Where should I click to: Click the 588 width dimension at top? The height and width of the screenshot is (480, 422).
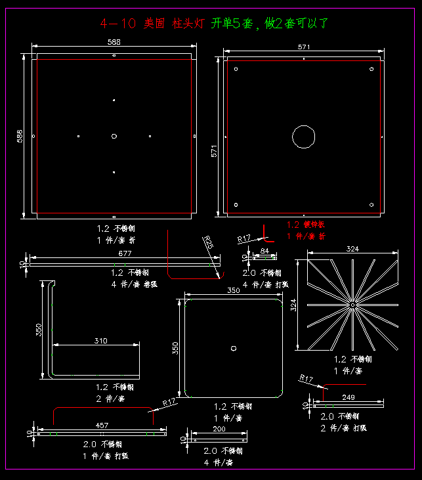coord(114,42)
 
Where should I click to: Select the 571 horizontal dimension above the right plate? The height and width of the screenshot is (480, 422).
coord(303,47)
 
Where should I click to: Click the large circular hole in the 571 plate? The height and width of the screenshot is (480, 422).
coord(303,137)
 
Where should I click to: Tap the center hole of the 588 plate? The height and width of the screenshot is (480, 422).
coord(114,136)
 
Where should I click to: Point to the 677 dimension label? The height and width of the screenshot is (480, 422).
coord(125,253)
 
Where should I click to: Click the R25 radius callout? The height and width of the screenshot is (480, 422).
coord(209,242)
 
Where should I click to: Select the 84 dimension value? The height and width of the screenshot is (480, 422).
coord(265,251)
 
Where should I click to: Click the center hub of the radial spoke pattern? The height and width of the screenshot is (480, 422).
coord(352,305)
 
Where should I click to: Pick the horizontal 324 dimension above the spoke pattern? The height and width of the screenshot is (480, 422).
coord(352,250)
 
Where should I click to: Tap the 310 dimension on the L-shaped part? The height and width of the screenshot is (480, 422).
coord(100,340)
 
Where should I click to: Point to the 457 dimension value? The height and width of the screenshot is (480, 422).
coord(102,425)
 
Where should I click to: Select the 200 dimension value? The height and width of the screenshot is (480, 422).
coord(219,429)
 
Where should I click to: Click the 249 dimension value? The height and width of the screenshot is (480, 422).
coord(348,397)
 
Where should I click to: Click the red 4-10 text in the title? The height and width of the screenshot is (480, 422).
coord(118,24)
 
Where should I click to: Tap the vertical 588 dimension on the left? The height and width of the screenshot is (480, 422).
coord(20,136)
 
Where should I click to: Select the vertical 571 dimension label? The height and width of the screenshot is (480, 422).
coord(214,151)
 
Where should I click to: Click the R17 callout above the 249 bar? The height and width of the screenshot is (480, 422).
coord(306,378)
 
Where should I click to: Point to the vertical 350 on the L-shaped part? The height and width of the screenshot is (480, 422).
coord(39,330)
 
